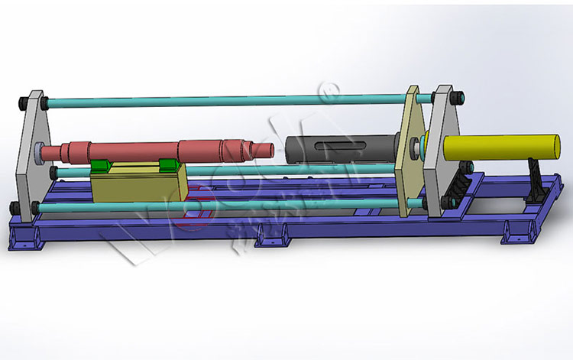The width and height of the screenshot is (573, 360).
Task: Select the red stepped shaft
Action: [153, 148]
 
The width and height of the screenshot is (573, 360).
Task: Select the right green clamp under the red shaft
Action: [169, 164]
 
